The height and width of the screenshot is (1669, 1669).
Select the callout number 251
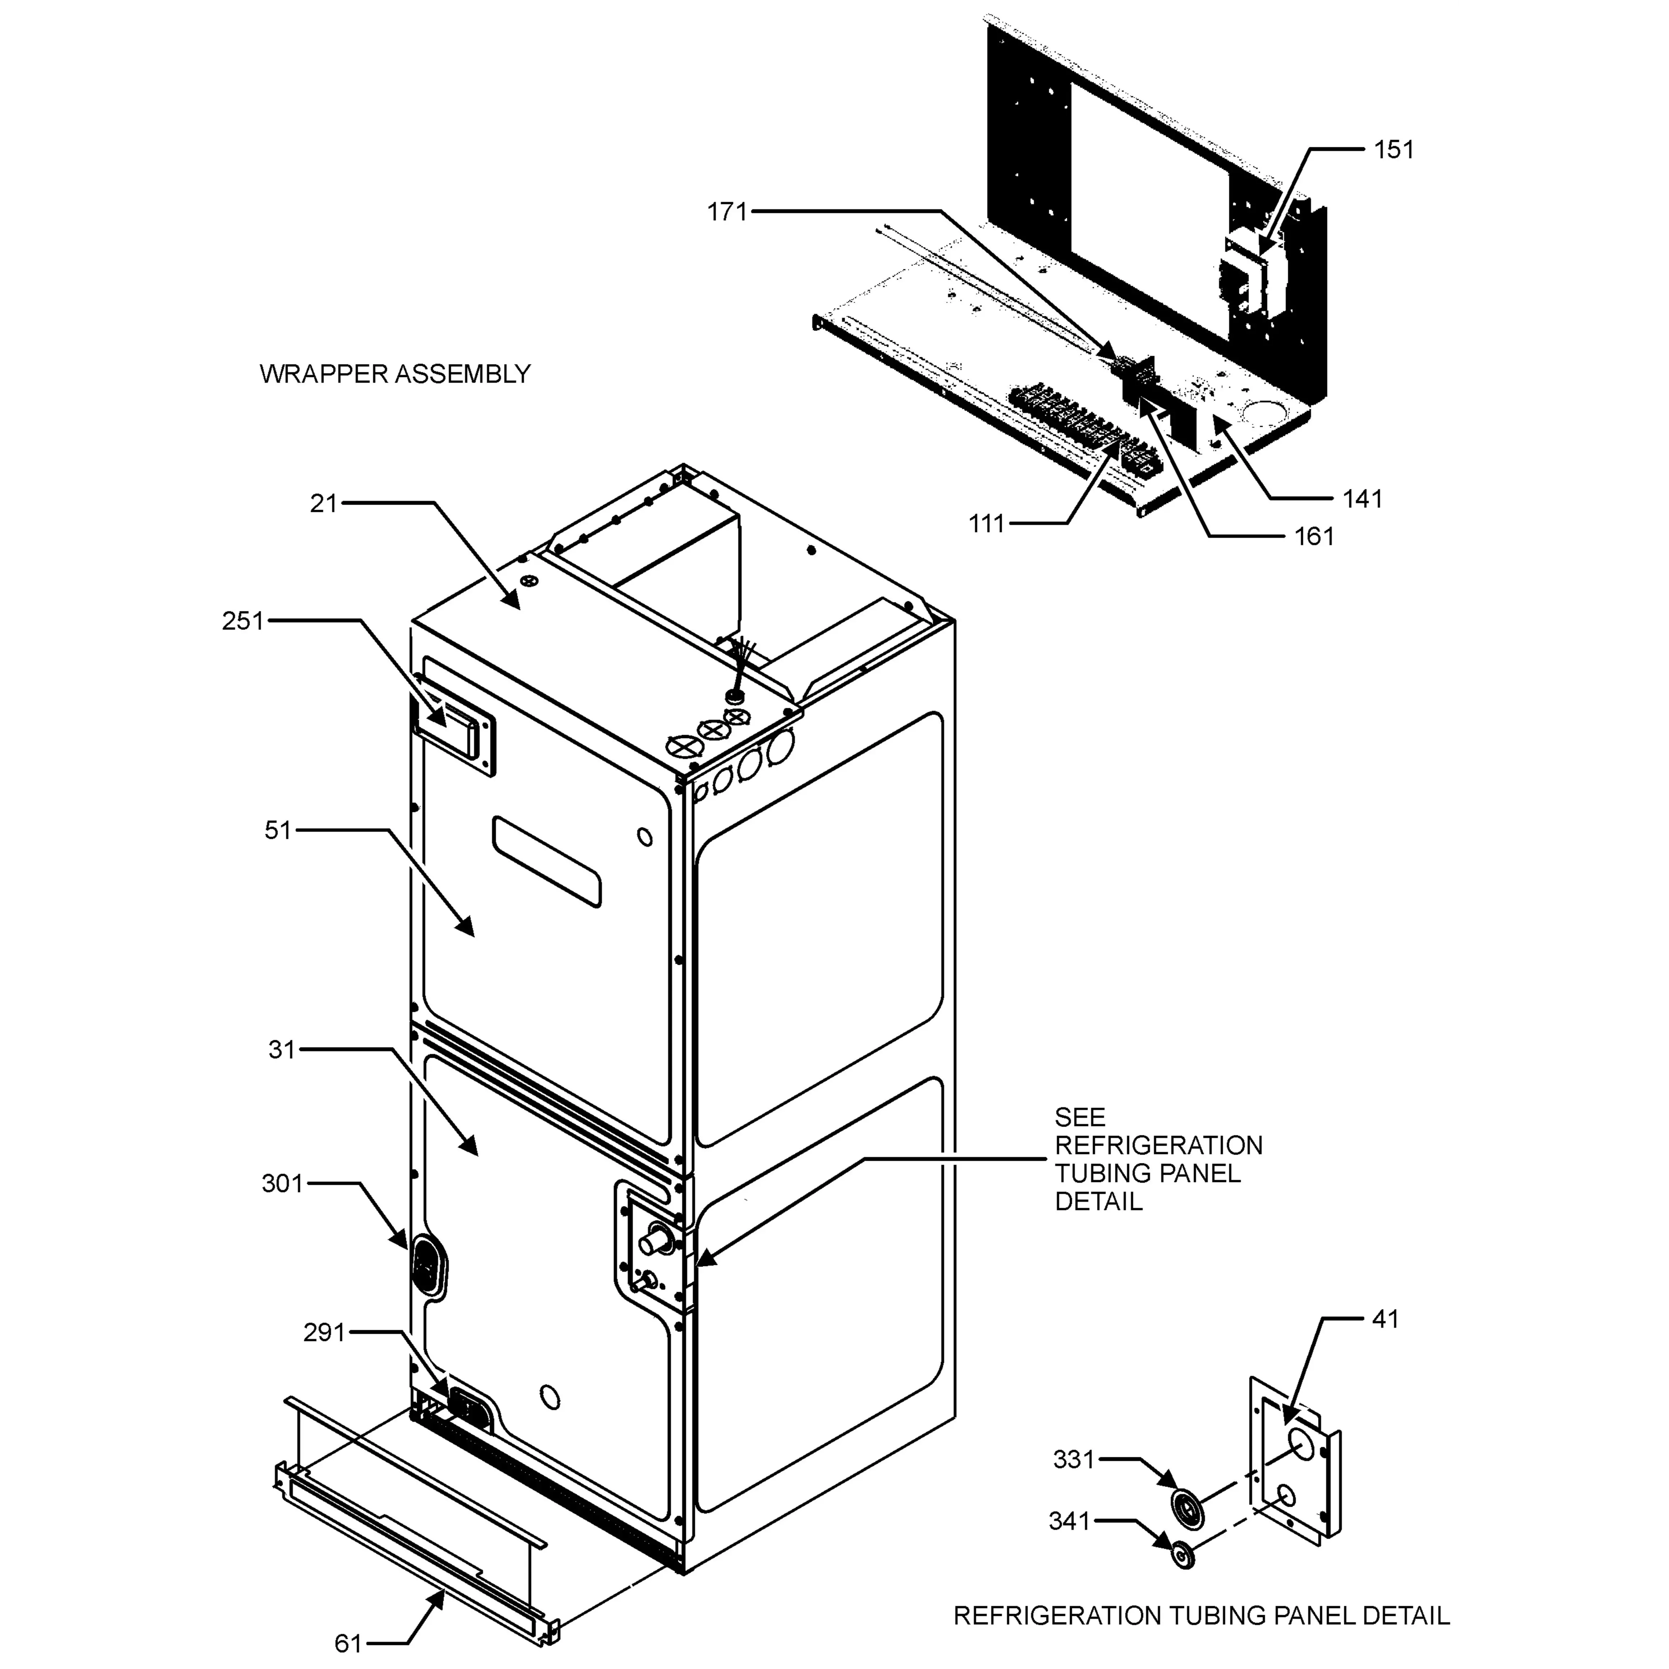[x=243, y=620]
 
